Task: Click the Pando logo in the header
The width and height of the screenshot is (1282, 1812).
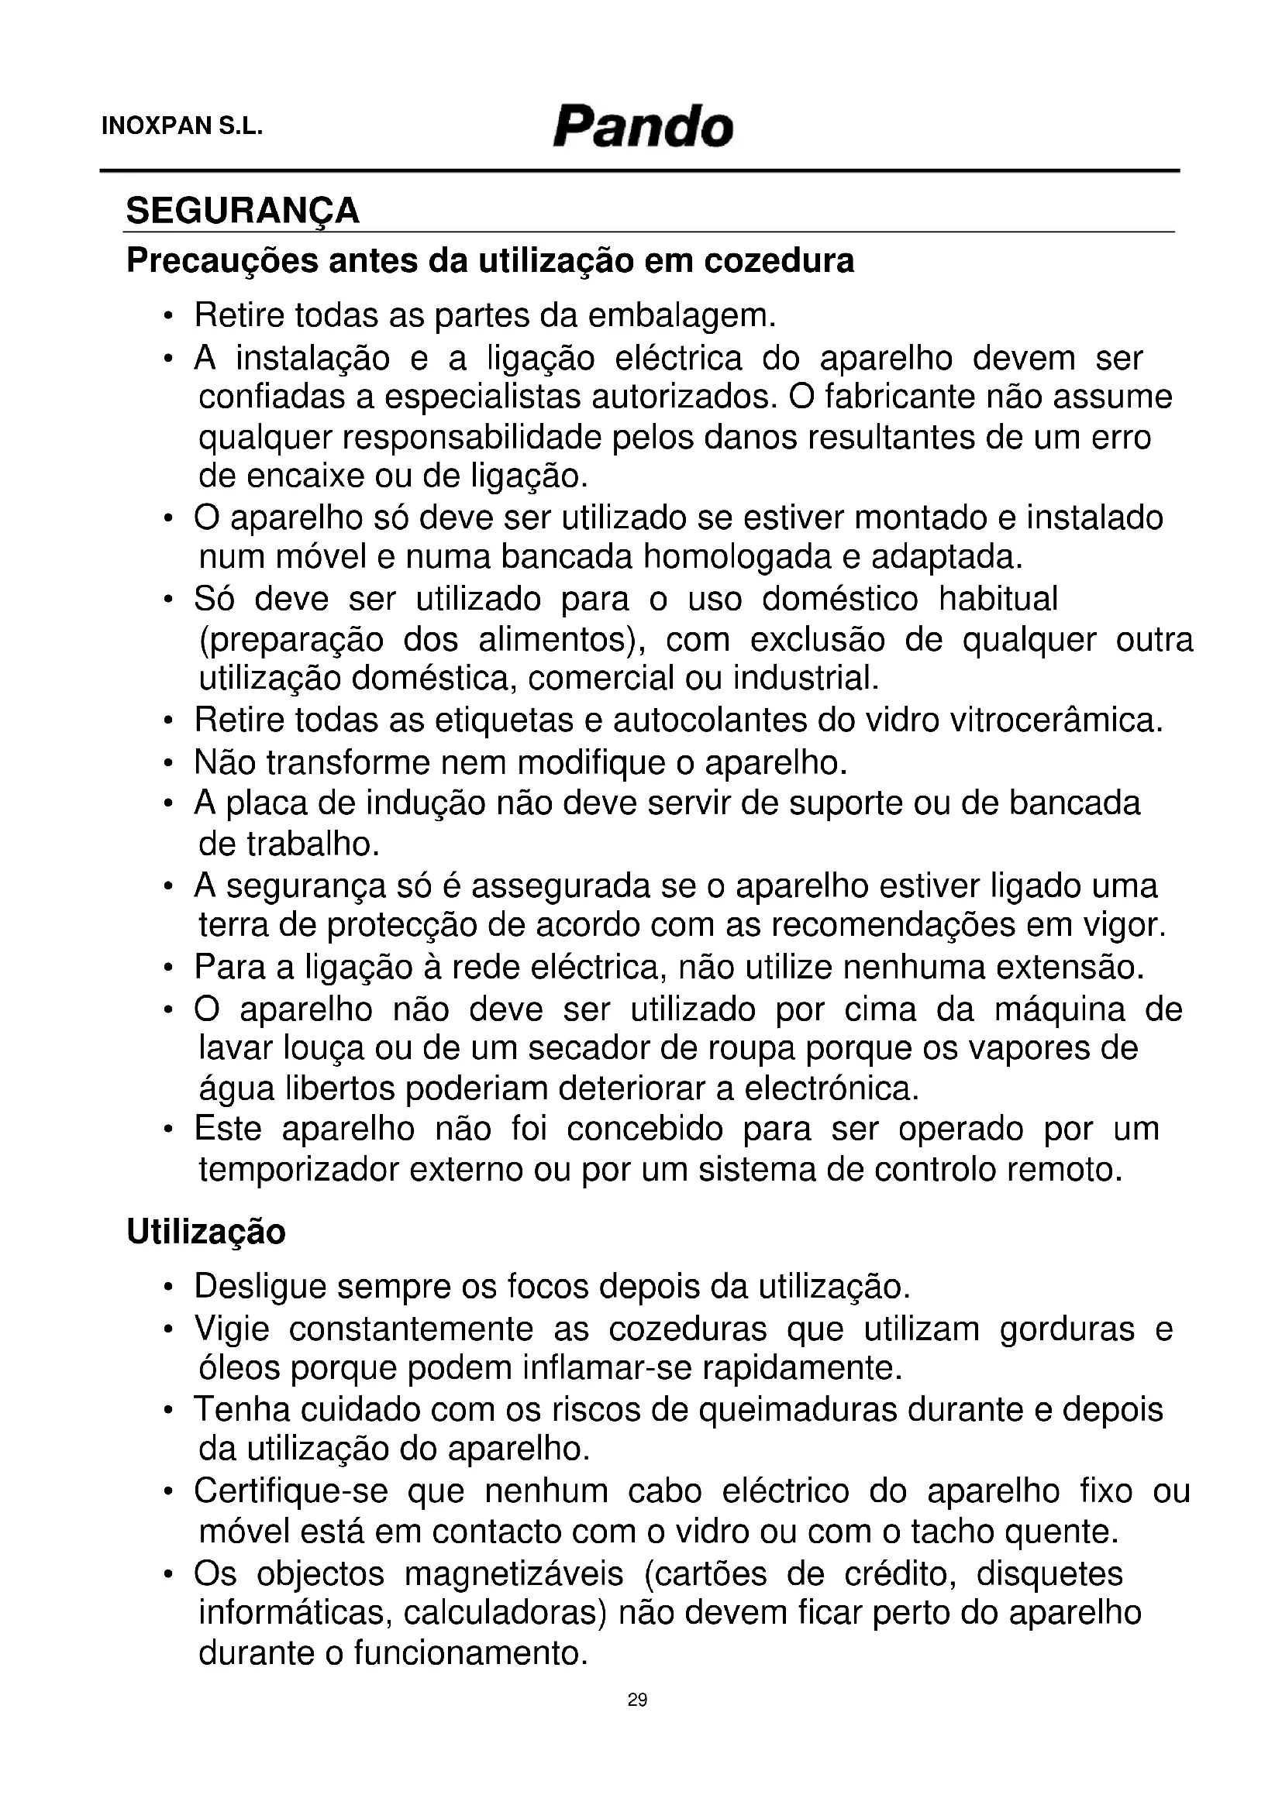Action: pos(643,127)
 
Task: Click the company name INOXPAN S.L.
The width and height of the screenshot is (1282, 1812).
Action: pos(181,127)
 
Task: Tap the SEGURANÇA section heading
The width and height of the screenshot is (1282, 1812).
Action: pos(243,211)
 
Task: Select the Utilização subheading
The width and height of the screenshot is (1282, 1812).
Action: pos(206,1232)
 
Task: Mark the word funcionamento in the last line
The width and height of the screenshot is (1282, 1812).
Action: pos(470,1652)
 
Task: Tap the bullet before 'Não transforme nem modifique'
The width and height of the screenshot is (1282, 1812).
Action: pos(168,764)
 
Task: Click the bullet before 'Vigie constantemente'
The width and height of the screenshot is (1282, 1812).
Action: pos(168,1331)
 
